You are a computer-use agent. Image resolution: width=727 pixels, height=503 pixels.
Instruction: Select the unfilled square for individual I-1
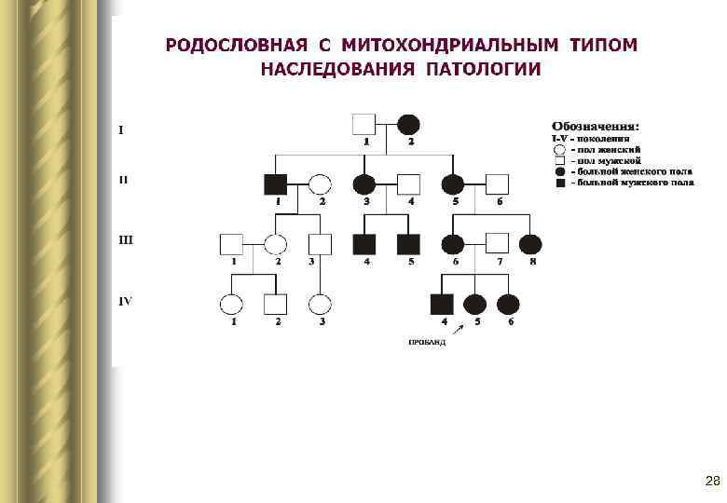tap(363, 124)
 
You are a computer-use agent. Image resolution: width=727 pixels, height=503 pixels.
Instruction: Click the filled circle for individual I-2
tap(408, 124)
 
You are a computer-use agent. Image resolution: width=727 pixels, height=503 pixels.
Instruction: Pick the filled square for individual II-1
tap(275, 184)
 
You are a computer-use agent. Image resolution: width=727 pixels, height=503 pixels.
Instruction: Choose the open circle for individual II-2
tap(320, 184)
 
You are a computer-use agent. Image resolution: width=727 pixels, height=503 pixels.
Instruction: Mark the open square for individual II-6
tap(498, 184)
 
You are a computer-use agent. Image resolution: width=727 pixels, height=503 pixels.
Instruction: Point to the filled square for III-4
tap(363, 244)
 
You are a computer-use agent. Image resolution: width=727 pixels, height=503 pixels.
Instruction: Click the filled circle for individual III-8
tap(530, 244)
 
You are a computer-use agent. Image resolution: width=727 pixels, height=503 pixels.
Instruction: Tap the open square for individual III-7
tap(498, 244)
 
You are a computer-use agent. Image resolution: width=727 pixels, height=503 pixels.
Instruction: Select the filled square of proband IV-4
tap(441, 304)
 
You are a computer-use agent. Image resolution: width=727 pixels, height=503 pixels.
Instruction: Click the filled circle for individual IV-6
tap(508, 304)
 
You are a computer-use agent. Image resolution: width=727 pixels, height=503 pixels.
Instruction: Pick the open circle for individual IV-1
tap(230, 304)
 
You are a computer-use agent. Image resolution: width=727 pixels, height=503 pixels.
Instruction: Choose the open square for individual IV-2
tap(275, 304)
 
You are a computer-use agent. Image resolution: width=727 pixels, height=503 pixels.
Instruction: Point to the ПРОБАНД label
tap(427, 343)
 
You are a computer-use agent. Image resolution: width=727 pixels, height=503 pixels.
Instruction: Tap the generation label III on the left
tap(126, 239)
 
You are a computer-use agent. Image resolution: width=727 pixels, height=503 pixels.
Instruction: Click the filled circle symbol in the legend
tap(558, 172)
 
